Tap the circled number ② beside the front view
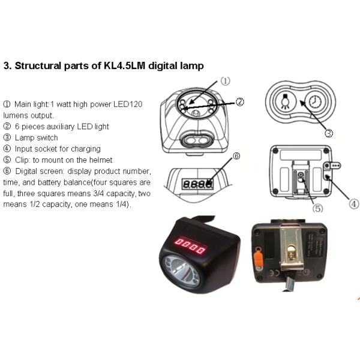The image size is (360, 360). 239,102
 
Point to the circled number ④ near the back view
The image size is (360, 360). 354,204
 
